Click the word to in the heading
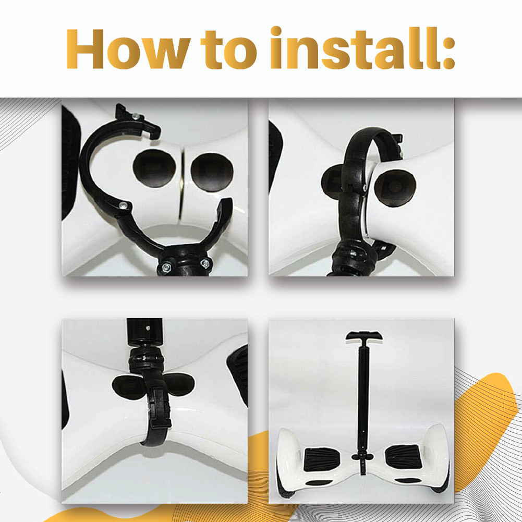tap(229, 50)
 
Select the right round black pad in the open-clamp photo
tap(212, 172)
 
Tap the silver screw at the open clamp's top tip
tap(136, 116)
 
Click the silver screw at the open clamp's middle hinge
tap(124, 205)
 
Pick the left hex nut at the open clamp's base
tap(166, 266)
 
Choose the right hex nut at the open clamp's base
tap(205, 264)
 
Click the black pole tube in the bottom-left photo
tap(144, 332)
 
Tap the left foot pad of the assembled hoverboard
tap(322, 459)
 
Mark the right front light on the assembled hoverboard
tap(408, 480)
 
